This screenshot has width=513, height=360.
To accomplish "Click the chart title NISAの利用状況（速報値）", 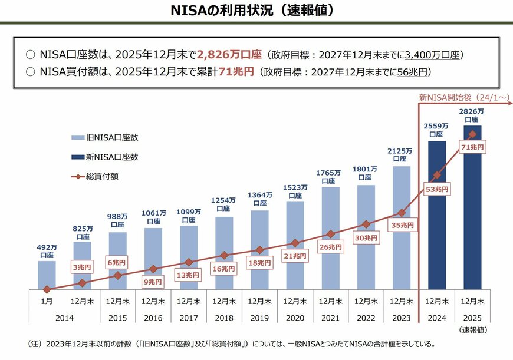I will [x=256, y=11].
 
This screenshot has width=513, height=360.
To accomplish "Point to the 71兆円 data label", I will [x=473, y=147].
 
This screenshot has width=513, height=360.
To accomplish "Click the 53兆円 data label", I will [x=437, y=189].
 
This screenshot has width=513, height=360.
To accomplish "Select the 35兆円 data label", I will [x=402, y=225].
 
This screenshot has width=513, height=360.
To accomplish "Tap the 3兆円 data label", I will [x=82, y=267].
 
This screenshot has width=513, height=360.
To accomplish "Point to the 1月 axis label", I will [x=47, y=300].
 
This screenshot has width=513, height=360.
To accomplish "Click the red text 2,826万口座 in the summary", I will [x=229, y=55].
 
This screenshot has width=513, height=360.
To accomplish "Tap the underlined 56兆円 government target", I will [x=413, y=72].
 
